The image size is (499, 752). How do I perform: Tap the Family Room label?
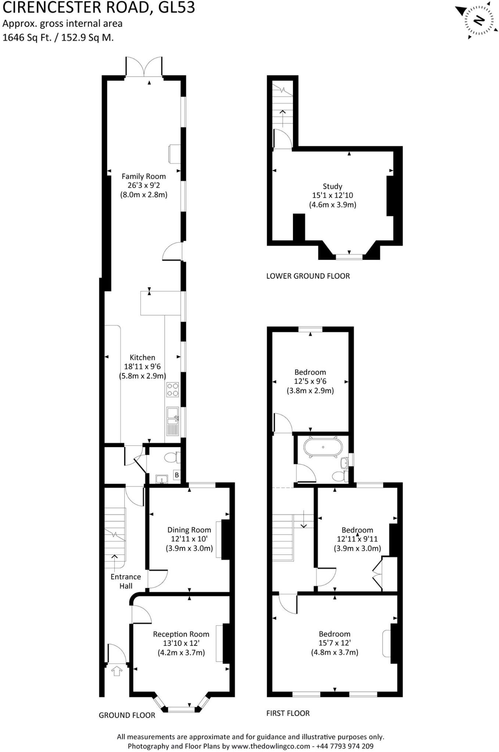click(x=144, y=177)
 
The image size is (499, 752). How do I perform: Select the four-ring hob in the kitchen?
click(x=173, y=390)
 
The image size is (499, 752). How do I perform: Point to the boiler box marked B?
click(x=177, y=475)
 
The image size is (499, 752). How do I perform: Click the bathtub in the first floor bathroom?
click(x=323, y=447)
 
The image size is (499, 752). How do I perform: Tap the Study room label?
click(x=333, y=187)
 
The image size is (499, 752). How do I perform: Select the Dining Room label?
click(x=189, y=530)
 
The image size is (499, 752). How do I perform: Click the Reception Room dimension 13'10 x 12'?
click(x=181, y=643)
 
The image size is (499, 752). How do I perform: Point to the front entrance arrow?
click(x=117, y=672)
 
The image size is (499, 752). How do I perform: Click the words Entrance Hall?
click(x=126, y=582)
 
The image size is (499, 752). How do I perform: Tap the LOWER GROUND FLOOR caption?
click(x=308, y=276)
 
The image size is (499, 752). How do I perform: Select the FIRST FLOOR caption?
click(x=288, y=713)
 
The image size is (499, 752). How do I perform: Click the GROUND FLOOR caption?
click(x=127, y=715)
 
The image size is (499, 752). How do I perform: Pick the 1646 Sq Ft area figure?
click(x=27, y=37)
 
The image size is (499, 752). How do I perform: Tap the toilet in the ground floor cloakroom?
click(x=172, y=458)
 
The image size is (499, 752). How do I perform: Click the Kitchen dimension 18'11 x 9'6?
click(x=143, y=366)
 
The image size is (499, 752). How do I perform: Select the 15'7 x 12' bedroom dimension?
click(x=334, y=643)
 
